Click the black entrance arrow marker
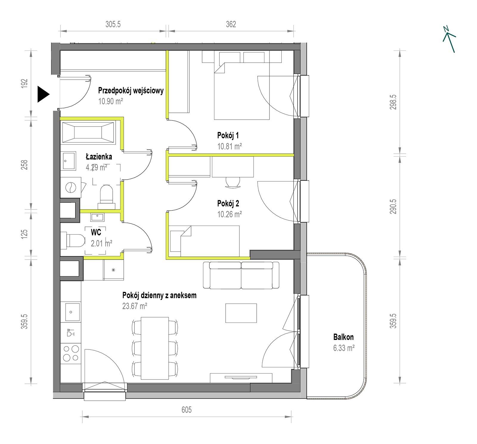coord(43,94)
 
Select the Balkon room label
coord(343,337)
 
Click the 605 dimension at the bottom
coord(187,410)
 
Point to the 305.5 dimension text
coord(113,24)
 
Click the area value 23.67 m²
coord(134,306)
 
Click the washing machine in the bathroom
coord(71,187)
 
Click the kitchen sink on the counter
coord(71,312)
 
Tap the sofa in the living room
coord(241,275)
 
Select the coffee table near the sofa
coord(241,313)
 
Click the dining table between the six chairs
coord(155,348)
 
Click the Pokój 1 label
coord(228,136)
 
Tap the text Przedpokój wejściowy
coord(131,90)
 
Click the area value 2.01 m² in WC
coord(101,243)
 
